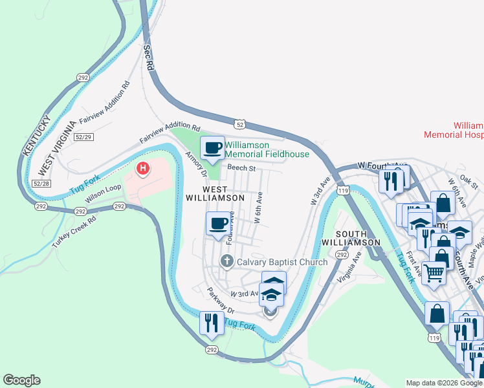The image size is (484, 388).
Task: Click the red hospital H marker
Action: click(143, 169)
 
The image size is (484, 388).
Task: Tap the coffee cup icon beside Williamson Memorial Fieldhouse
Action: click(212, 149)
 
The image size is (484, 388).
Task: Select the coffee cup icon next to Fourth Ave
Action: click(218, 224)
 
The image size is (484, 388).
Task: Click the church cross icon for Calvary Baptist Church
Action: click(226, 261)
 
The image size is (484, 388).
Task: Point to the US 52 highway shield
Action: click(239, 123)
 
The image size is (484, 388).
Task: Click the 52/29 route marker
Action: click(84, 137)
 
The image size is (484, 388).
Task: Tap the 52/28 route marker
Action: click(41, 184)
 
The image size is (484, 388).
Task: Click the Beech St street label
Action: click(242, 168)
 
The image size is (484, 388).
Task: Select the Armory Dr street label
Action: click(195, 164)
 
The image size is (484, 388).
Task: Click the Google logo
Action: click(21, 380)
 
